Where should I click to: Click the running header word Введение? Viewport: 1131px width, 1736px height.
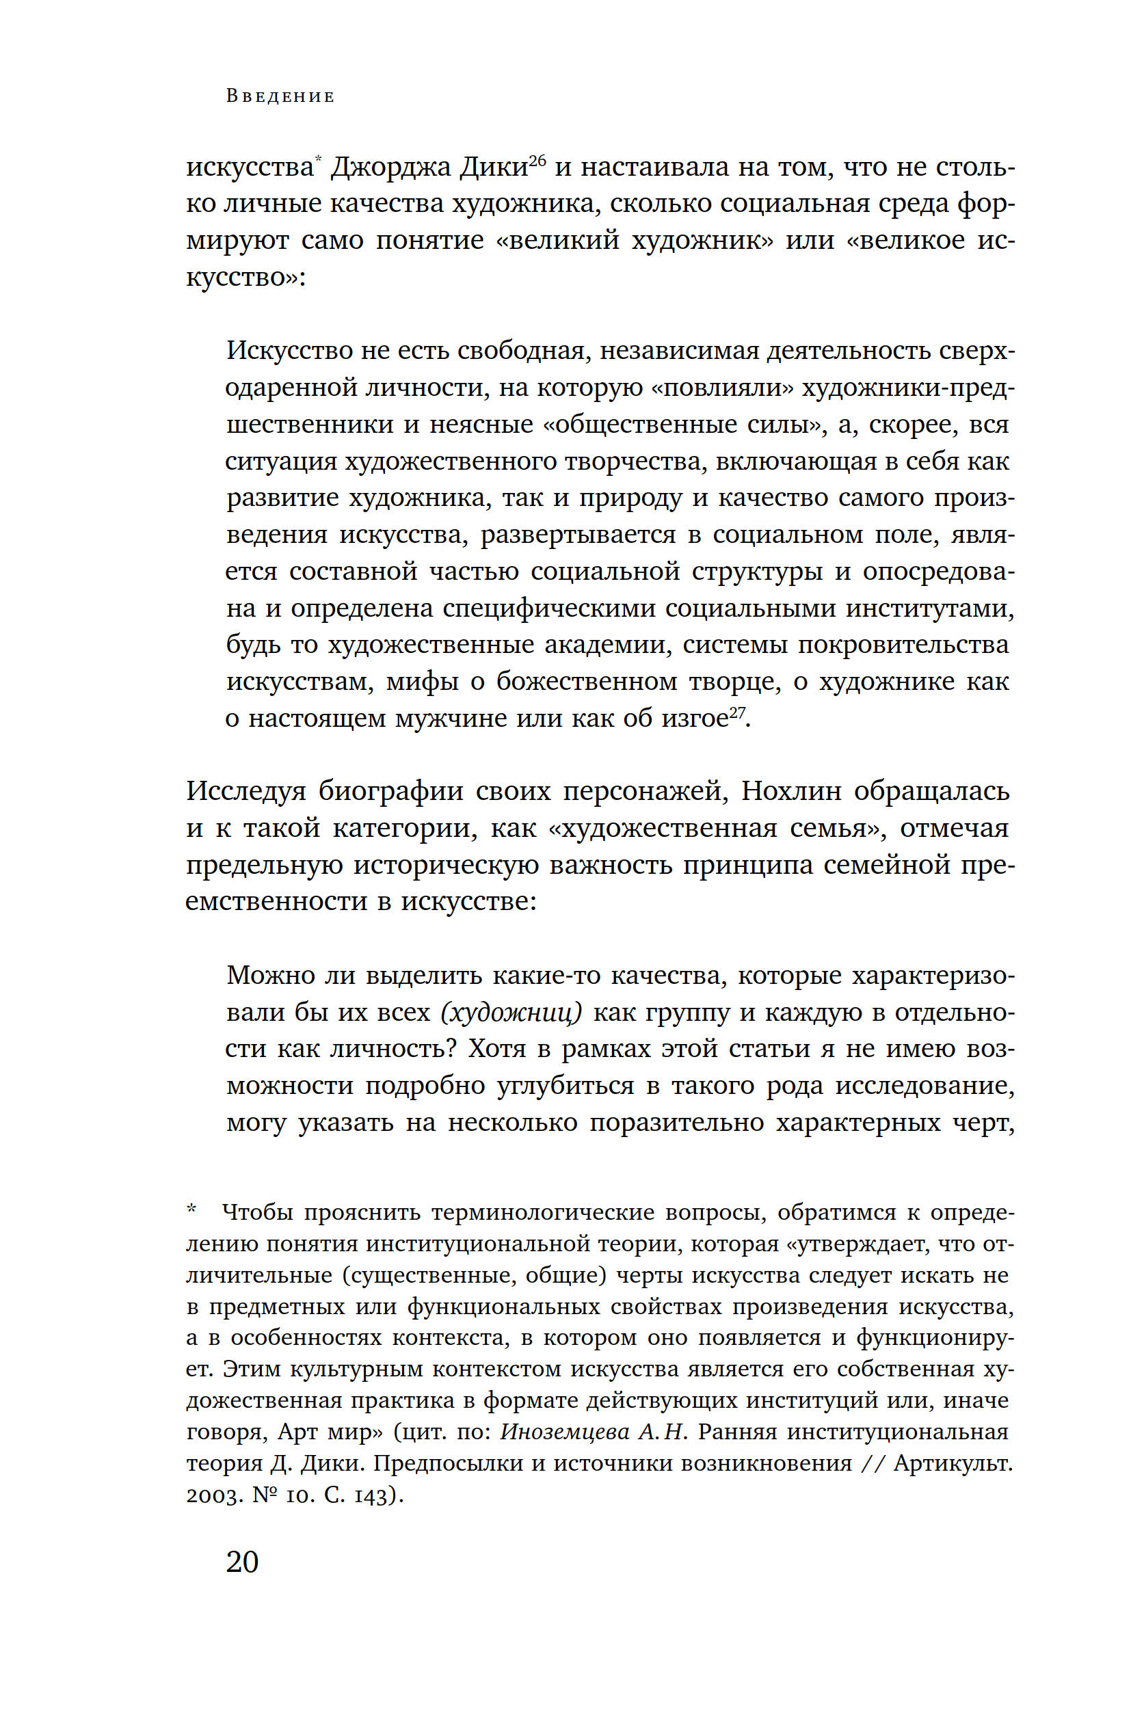280,96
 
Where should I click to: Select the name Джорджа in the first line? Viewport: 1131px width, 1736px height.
390,168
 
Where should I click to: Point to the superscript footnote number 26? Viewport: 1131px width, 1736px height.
537,160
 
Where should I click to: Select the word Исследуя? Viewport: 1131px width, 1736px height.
245,790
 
